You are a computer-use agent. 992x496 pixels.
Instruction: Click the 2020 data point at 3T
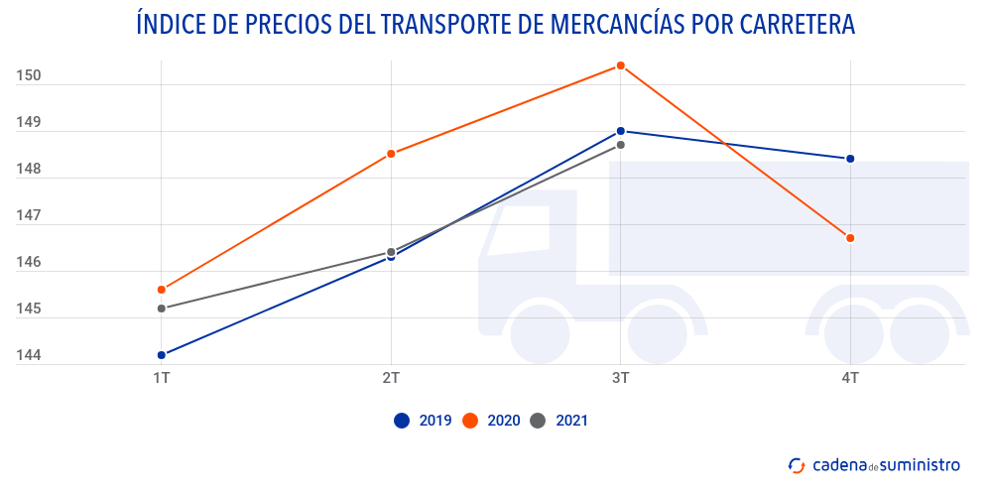[x=621, y=65]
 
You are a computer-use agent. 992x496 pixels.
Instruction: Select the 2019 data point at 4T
[x=850, y=159]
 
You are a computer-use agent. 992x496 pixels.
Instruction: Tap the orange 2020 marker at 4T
[x=850, y=238]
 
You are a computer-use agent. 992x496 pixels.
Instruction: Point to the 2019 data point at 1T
[x=162, y=355]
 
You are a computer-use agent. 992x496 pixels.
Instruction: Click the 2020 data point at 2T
[x=391, y=154]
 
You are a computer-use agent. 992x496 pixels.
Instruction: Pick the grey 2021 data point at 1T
[x=162, y=309]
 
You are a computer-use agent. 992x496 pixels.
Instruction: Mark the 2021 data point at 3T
[x=621, y=145]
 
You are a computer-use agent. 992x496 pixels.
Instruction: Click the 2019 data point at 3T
[x=621, y=131]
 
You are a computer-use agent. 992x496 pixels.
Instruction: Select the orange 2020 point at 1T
[x=162, y=290]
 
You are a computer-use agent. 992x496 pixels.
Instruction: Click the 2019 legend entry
[x=424, y=421]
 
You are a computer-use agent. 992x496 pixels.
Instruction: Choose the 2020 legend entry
[x=492, y=421]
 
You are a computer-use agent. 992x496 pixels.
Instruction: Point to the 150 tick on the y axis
[x=28, y=75]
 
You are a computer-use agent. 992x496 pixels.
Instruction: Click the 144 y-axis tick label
[x=28, y=355]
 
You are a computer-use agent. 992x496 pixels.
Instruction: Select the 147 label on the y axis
[x=28, y=215]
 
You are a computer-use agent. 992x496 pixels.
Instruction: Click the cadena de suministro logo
[x=874, y=463]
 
